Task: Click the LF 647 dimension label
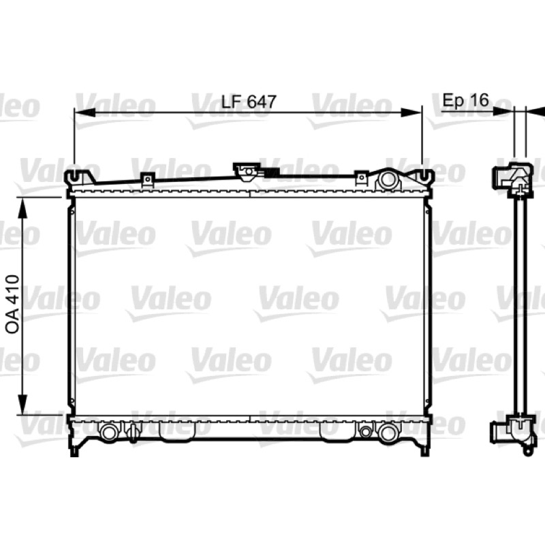click(249, 102)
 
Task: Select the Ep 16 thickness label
click(466, 99)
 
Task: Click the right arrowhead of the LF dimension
click(411, 112)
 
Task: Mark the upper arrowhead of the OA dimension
click(22, 208)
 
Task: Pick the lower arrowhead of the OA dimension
click(22, 404)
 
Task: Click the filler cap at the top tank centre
click(247, 172)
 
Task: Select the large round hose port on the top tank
click(387, 179)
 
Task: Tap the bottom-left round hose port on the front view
click(109, 432)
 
